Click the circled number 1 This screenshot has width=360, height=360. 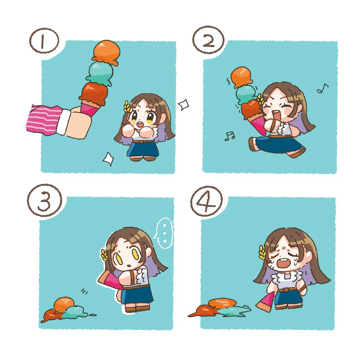[44, 41]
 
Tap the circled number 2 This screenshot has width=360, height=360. [208, 41]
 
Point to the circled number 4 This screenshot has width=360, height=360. [206, 201]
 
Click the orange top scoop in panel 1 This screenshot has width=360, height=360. [107, 52]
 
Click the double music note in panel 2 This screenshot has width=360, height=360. [230, 136]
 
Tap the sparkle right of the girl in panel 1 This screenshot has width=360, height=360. [184, 104]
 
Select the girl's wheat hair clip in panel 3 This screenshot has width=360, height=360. [104, 255]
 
